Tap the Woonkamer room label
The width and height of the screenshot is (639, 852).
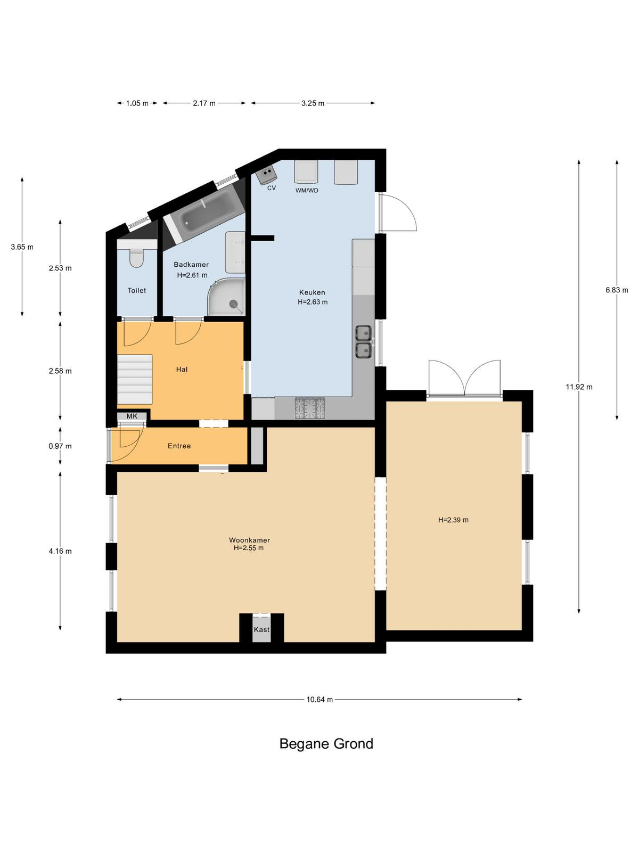coord(249,540)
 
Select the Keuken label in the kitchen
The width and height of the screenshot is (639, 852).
coord(312,292)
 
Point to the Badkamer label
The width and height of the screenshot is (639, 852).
coord(191,265)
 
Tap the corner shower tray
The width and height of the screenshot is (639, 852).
coord(226,297)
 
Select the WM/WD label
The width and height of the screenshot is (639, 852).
coord(307,191)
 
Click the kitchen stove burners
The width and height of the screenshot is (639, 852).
coord(310,409)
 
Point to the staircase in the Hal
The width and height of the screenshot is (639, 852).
coord(135,379)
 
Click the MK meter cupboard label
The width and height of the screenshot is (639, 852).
coord(132,416)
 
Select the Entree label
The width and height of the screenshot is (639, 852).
coord(179,446)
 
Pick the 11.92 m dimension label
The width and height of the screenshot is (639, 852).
coord(579,387)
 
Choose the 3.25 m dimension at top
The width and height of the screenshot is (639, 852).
coord(313,103)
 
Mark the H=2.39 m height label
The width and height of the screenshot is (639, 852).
coord(453,520)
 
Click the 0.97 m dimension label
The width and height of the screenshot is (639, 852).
coord(60,446)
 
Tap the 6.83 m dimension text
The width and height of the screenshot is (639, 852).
coord(617,290)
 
